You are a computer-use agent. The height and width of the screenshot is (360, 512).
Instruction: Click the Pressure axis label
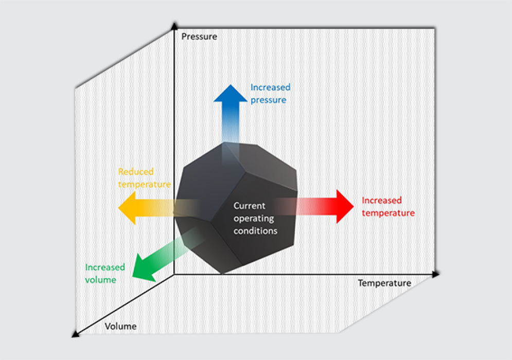click(199, 37)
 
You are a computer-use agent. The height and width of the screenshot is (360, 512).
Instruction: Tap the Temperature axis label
click(384, 283)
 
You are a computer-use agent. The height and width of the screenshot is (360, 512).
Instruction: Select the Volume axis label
click(120, 327)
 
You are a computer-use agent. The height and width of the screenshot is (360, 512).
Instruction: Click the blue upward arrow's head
click(230, 95)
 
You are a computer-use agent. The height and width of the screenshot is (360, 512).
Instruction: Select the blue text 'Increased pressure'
click(270, 93)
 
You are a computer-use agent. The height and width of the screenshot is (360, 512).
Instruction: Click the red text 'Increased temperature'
click(387, 206)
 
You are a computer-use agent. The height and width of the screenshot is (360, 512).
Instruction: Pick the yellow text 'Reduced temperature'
click(144, 177)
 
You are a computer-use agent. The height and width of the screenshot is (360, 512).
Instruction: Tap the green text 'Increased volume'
click(105, 274)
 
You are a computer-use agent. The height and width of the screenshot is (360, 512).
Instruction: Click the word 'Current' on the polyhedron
click(250, 206)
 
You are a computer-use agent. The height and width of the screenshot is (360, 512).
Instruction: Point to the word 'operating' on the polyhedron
click(254, 218)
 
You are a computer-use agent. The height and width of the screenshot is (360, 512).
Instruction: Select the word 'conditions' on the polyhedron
click(255, 230)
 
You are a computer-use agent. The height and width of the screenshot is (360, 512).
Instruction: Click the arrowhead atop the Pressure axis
click(175, 25)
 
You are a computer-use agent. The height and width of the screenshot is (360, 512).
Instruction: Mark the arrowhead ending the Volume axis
click(75, 334)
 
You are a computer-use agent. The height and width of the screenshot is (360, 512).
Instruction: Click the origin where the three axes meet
click(175, 274)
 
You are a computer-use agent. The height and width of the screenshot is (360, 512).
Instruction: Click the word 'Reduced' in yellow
click(136, 172)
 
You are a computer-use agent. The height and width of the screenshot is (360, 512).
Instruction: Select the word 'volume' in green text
click(101, 280)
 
